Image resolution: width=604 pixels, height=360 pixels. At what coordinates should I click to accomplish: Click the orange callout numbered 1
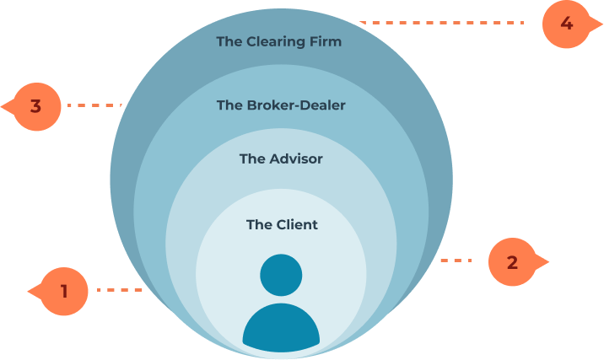coord(62,292)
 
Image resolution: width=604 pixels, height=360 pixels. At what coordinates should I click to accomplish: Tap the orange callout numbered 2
coord(515,262)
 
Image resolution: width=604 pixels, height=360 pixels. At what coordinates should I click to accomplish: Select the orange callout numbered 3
coord(34,107)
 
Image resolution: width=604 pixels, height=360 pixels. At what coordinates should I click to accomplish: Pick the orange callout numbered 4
coord(569,24)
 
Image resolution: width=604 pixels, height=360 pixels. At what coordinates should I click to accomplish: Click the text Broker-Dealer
coord(296,105)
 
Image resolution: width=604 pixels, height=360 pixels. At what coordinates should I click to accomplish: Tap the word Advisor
coord(296,159)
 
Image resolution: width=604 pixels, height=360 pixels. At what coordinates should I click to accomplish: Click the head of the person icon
coord(281,275)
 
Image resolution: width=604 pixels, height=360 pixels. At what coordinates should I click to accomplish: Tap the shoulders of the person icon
coord(281,328)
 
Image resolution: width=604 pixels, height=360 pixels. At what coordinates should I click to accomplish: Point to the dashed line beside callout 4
coord(441,23)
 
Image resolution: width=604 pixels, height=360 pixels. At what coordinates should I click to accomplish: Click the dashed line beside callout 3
coord(94,105)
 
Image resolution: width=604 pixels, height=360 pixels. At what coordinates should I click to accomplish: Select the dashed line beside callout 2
coord(456,261)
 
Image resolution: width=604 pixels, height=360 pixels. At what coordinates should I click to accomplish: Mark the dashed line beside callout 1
coord(120,290)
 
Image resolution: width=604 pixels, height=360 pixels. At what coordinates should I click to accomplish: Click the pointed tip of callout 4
coord(603,24)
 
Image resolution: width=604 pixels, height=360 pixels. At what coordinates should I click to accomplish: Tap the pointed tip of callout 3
coord(1,106)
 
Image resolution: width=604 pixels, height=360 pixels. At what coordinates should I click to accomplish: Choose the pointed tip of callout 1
coord(28,292)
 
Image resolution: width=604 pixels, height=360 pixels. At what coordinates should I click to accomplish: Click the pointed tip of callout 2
coord(549,262)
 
